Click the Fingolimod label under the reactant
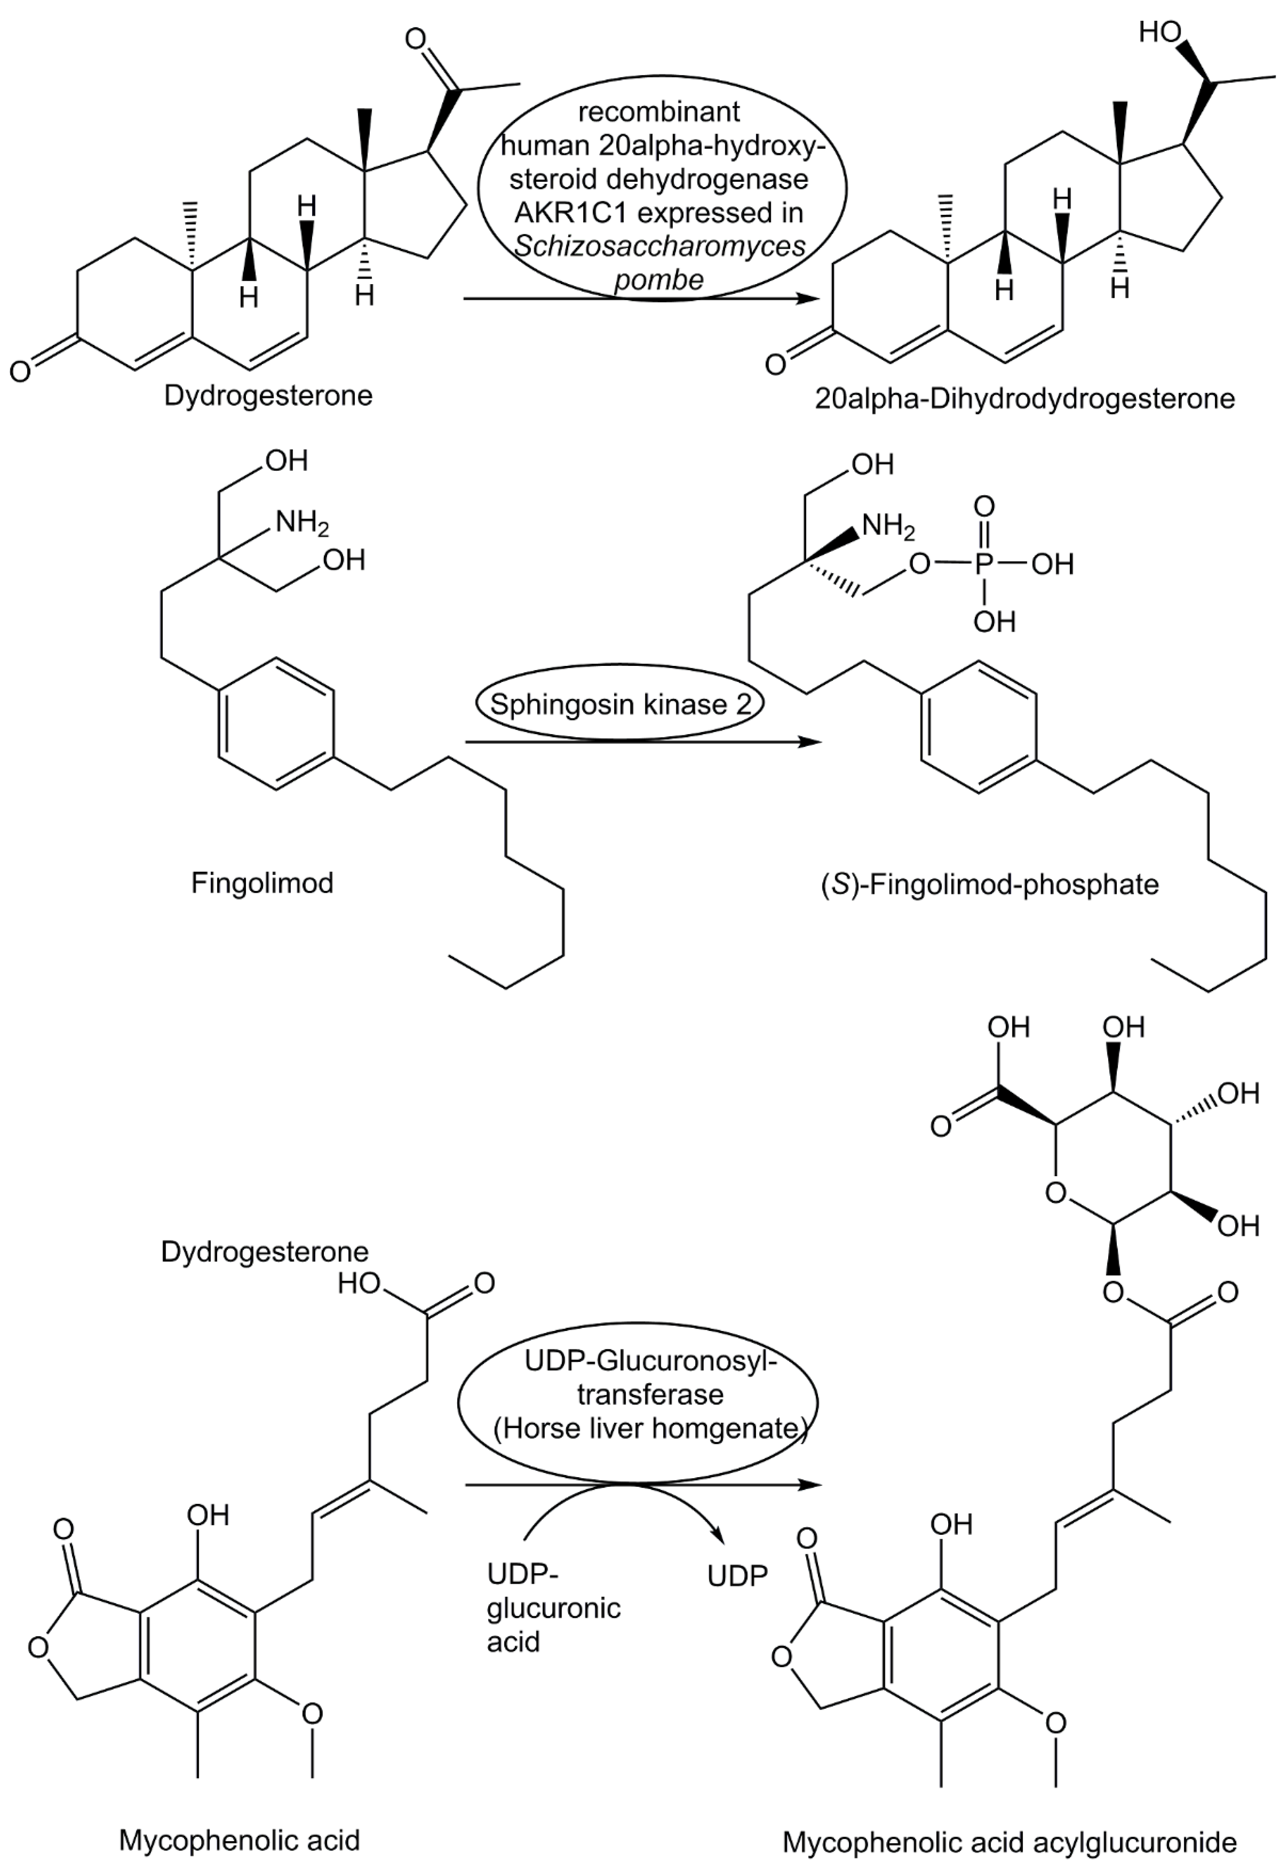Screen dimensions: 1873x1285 click(262, 883)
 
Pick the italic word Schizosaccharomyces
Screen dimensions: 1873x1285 click(660, 246)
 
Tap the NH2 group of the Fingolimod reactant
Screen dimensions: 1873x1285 click(302, 523)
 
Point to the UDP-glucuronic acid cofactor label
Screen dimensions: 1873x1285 click(553, 1608)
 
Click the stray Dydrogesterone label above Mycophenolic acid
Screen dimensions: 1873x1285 click(264, 1252)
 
